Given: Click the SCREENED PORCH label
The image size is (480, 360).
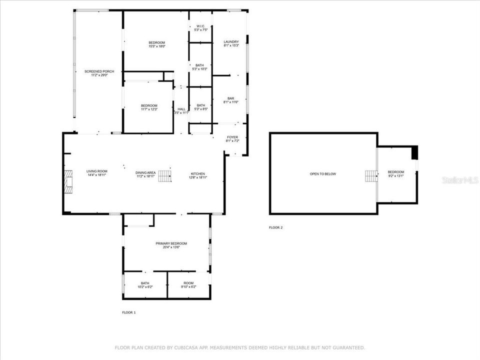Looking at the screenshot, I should (x=99, y=73).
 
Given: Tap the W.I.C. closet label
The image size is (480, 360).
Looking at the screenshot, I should (x=200, y=28).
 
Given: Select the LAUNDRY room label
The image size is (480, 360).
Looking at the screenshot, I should (x=231, y=43).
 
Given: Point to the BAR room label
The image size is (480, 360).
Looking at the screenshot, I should (x=231, y=100).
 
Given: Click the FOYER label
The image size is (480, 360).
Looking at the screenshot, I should (x=232, y=139).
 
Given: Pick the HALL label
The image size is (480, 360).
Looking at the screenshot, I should (x=181, y=111).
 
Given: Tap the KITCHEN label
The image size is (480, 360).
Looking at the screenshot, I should (x=197, y=175).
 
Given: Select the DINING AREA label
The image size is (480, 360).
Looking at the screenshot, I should (x=145, y=174).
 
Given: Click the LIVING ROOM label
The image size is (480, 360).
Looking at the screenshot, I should (x=97, y=173).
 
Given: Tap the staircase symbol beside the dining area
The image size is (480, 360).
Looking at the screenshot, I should (x=165, y=176).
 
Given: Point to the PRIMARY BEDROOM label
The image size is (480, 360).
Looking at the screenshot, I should (x=171, y=245).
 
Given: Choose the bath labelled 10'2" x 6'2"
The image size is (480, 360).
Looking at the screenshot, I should (x=144, y=285).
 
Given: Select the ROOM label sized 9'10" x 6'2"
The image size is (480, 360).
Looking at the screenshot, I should (x=188, y=285).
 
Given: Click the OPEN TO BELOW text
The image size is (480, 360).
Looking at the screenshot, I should (x=323, y=174).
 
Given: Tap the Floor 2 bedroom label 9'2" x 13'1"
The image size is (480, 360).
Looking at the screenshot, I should (x=395, y=174).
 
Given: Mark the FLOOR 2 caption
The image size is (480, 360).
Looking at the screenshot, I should (x=275, y=227).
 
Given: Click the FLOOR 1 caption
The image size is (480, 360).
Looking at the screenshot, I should (x=128, y=312).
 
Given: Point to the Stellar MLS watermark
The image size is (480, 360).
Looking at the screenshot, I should (x=460, y=180).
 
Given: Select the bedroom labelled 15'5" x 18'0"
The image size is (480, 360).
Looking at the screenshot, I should (x=156, y=44).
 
